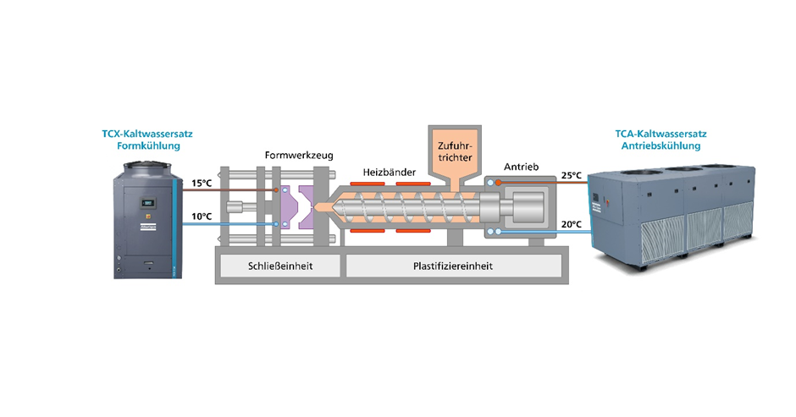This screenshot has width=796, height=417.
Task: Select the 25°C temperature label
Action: pyautogui.click(x=571, y=175)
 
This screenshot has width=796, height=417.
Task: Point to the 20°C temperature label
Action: pyautogui.click(x=571, y=224)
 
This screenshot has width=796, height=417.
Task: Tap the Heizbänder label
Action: pyautogui.click(x=389, y=171)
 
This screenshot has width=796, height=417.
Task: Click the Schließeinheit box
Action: pyautogui.click(x=278, y=266)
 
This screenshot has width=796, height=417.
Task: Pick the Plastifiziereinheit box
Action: pyautogui.click(x=452, y=266)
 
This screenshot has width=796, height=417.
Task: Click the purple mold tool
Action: pyautogui.click(x=291, y=207)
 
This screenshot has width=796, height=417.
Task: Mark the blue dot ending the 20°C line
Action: pyautogui.click(x=500, y=231)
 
